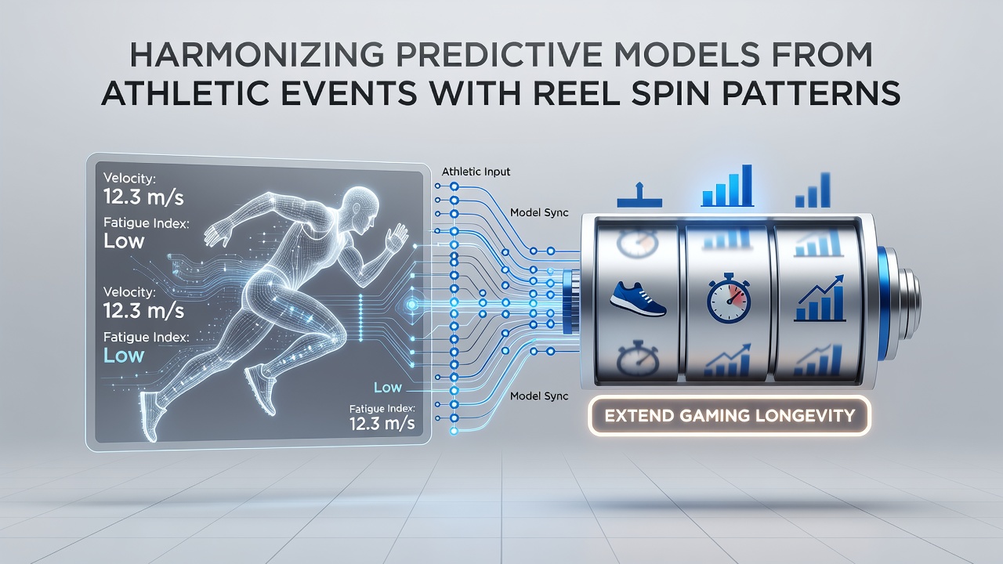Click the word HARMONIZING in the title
[256, 55]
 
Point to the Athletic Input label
[476, 172]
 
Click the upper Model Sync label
[539, 212]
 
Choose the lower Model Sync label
[539, 396]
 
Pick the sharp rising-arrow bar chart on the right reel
[820, 298]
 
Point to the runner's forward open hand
[396, 237]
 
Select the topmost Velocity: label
[129, 178]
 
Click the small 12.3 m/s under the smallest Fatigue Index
[382, 423]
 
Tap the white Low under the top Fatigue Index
[124, 241]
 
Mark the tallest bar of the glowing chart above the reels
[747, 186]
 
